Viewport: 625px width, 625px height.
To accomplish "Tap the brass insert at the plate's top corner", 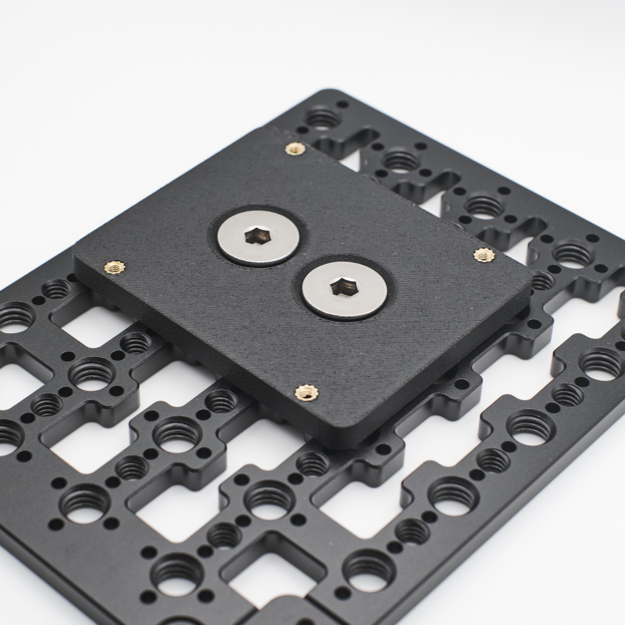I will [x=294, y=149].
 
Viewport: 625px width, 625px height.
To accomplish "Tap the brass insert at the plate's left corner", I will [x=115, y=267].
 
